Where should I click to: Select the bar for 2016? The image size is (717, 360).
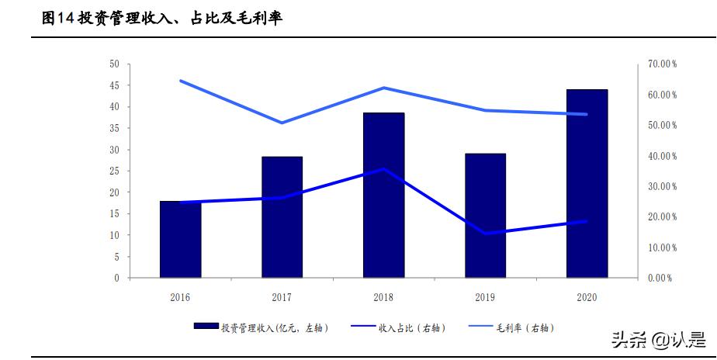click(180, 240)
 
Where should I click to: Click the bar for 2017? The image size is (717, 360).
click(282, 217)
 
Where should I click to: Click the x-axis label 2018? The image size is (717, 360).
click(383, 297)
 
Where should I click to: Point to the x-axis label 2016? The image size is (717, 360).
click(180, 297)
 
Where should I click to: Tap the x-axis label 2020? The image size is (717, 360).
click(587, 297)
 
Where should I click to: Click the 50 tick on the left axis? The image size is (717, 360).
click(115, 64)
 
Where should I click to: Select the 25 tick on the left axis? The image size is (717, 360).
click(115, 171)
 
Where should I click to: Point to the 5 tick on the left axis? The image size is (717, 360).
click(117, 256)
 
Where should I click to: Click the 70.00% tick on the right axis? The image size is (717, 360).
click(662, 64)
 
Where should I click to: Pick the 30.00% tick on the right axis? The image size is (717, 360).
click(662, 186)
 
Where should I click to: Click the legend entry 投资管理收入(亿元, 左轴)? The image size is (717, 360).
click(262, 328)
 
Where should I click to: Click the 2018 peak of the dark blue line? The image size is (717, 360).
click(383, 168)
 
